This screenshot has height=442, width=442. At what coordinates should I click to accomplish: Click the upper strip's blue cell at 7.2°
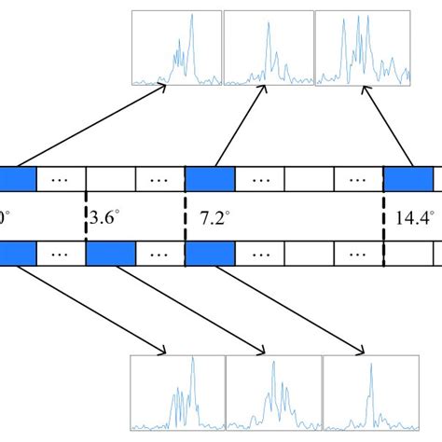point(211,178)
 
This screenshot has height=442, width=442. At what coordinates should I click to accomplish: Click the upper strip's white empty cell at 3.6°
point(111,178)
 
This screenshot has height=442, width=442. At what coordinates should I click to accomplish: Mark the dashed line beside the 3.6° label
point(86,216)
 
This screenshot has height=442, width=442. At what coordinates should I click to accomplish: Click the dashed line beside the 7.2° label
point(186,216)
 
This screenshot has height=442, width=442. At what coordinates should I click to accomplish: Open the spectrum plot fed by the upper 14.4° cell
point(363,48)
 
